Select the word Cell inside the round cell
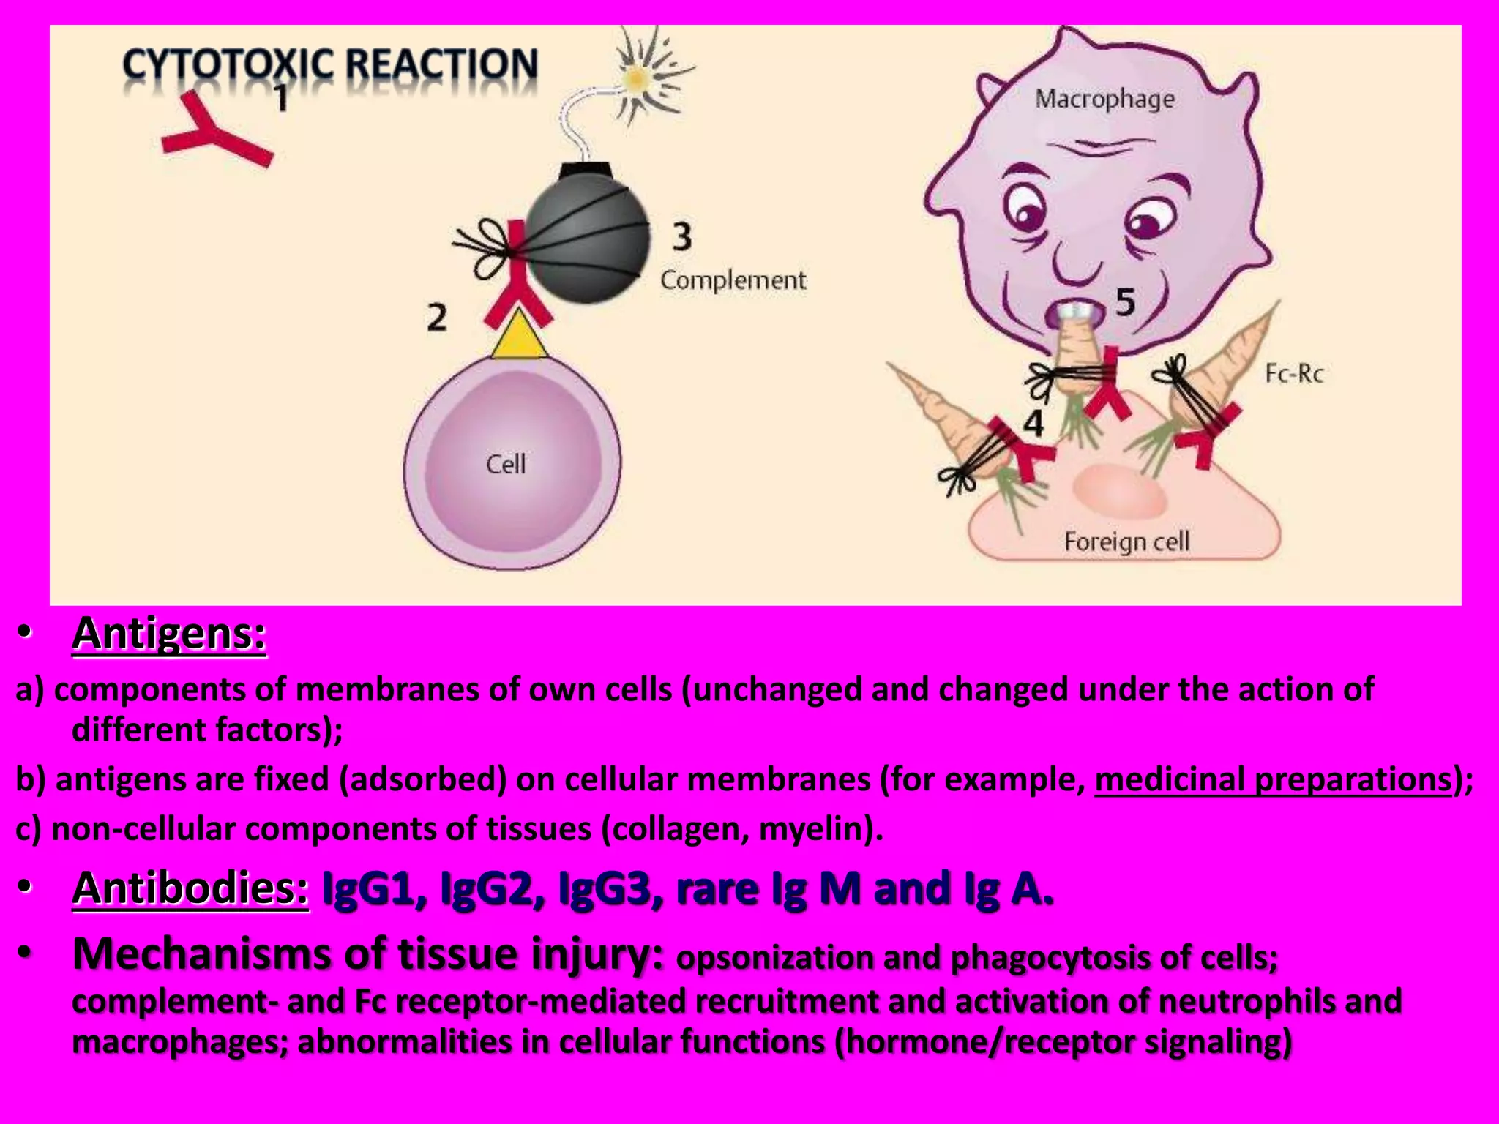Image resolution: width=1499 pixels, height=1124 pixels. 506,464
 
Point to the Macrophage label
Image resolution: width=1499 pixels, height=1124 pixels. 1104,98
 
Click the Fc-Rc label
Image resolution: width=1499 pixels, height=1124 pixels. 1294,374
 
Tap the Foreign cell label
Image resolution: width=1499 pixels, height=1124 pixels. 1126,542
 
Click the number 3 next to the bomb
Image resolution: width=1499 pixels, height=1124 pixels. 681,236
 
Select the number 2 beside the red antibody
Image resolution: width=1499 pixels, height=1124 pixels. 437,318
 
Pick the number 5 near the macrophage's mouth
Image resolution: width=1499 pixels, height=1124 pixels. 1126,301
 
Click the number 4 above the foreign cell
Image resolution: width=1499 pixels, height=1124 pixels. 1033,423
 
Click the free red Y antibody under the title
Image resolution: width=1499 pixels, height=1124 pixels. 212,132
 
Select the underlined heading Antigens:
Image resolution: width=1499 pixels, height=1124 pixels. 169,634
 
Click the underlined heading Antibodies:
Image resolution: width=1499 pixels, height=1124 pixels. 190,888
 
